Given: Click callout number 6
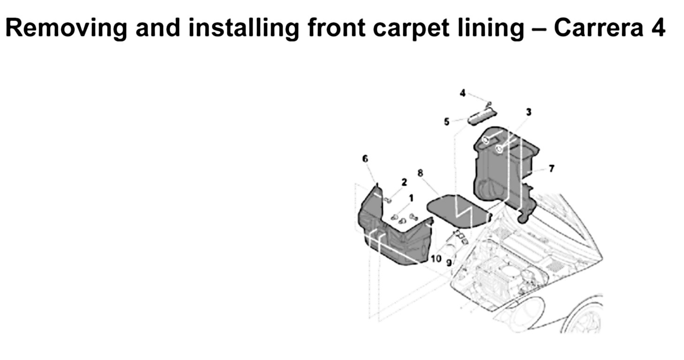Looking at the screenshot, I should tap(365, 159).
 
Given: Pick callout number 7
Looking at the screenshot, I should tap(551, 168).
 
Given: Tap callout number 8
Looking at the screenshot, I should tap(420, 173).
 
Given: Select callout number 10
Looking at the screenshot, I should tap(436, 258).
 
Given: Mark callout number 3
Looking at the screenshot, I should tap(528, 112).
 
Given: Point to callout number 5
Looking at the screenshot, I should tap(446, 122).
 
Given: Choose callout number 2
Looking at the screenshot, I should tap(404, 182).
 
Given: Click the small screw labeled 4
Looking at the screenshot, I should tap(488, 104).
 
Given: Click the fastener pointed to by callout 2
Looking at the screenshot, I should tap(388, 201).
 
